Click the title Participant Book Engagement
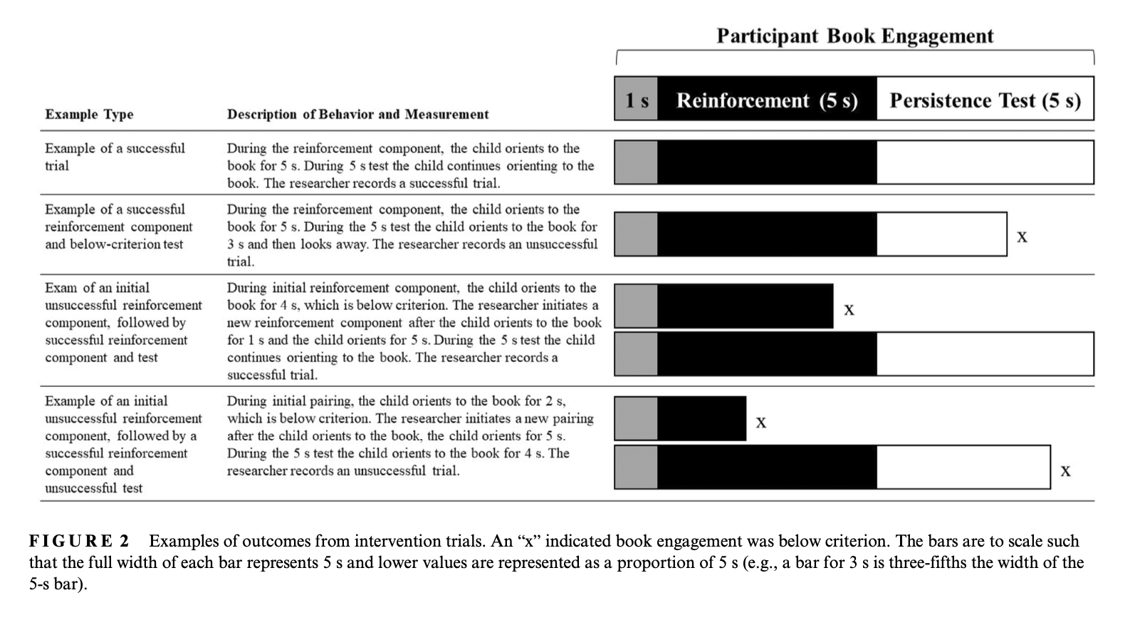click(x=854, y=36)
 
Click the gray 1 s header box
click(x=636, y=99)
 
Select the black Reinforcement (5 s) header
click(x=767, y=100)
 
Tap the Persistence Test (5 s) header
click(x=985, y=100)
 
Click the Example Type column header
click(x=89, y=114)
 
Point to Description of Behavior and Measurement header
click(x=357, y=114)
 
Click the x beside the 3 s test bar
click(x=1022, y=237)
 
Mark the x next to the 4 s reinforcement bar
click(x=849, y=309)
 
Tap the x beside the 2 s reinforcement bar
click(x=761, y=423)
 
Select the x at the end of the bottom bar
click(x=1065, y=470)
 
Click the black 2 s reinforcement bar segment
click(x=701, y=418)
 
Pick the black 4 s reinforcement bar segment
click(x=745, y=306)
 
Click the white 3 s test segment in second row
click(x=941, y=234)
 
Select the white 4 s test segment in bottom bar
click(x=963, y=467)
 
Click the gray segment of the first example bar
click(x=636, y=162)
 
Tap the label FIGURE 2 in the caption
click(x=79, y=541)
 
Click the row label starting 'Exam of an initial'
click(x=98, y=288)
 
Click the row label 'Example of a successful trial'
click(x=115, y=157)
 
